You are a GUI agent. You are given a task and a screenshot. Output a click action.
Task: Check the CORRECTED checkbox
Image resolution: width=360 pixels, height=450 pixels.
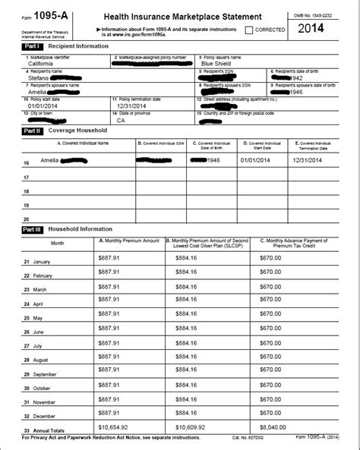pyautogui.click(x=250, y=30)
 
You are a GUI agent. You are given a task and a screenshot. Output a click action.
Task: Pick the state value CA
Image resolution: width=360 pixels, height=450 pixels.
pyautogui.click(x=121, y=120)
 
